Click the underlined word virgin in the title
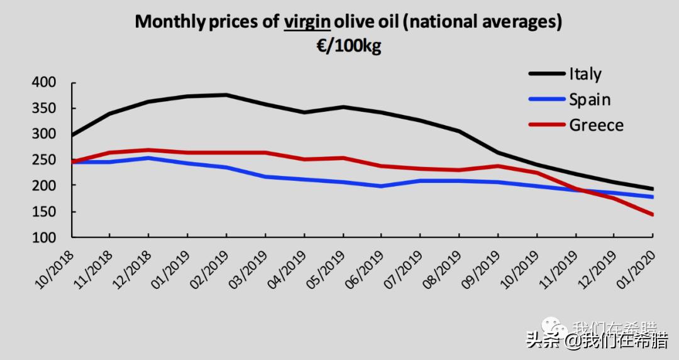click(307, 22)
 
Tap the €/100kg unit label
click(348, 46)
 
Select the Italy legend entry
click(585, 74)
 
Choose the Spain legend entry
click(590, 99)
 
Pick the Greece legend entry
click(596, 125)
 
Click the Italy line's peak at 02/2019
click(226, 95)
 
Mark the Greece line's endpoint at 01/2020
click(653, 215)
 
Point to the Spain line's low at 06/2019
click(381, 187)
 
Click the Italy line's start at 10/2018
click(72, 135)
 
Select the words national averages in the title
click(482, 22)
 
